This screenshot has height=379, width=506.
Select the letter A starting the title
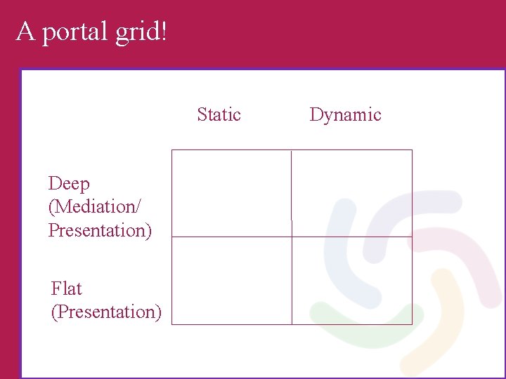pyautogui.click(x=25, y=31)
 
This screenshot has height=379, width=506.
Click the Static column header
pyautogui.click(x=219, y=114)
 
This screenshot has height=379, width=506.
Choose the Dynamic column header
pyautogui.click(x=345, y=114)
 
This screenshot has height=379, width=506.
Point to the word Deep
pyautogui.click(x=69, y=185)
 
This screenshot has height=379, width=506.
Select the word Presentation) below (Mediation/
pyautogui.click(x=100, y=230)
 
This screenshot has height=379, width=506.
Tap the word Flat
pyautogui.click(x=67, y=288)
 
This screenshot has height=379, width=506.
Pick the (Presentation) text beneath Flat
pyautogui.click(x=106, y=312)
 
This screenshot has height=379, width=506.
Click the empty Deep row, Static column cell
pyautogui.click(x=231, y=193)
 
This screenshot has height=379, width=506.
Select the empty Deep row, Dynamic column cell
pyautogui.click(x=351, y=193)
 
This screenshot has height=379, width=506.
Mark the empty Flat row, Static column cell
pyautogui.click(x=231, y=281)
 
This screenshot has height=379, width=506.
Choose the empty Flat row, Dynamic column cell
pyautogui.click(x=351, y=281)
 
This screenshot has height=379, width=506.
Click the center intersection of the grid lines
pyautogui.click(x=291, y=237)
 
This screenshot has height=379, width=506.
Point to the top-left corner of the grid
pyautogui.click(x=172, y=150)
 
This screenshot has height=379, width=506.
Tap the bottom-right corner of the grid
pyautogui.click(x=412, y=324)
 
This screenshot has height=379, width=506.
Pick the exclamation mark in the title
pyautogui.click(x=164, y=31)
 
